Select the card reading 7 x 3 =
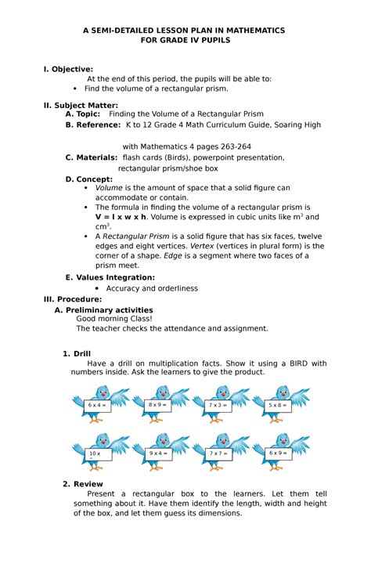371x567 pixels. coord(219,406)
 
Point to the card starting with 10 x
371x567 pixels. coord(96,453)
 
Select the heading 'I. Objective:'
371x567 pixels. coord(68,69)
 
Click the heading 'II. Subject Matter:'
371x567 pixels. coord(81,104)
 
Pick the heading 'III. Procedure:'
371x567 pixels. coord(73,299)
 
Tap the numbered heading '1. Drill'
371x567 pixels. coord(77,353)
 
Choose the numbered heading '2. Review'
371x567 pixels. coord(82,484)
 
